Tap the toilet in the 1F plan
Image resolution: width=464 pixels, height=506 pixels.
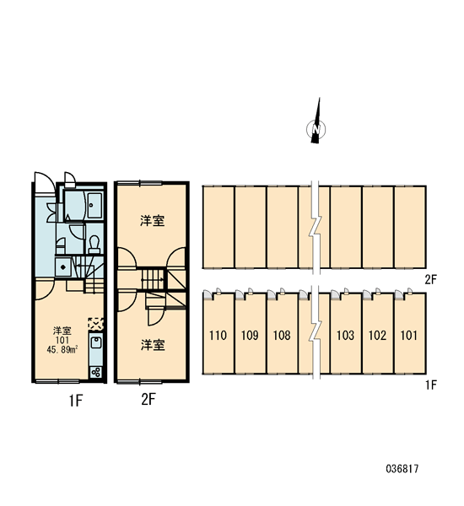click(x=94, y=245)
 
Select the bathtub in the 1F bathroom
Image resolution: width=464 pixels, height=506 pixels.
click(x=94, y=205)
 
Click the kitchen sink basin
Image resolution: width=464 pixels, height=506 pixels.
click(x=96, y=342)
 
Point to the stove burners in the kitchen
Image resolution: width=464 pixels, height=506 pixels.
click(x=96, y=373)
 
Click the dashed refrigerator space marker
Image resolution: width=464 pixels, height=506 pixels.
click(x=96, y=324)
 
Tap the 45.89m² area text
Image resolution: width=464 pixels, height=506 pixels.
click(x=62, y=349)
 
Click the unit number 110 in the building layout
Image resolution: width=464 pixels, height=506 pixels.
click(x=218, y=336)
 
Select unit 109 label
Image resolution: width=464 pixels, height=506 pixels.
click(x=250, y=336)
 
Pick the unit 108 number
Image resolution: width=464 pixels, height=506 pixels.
click(x=282, y=336)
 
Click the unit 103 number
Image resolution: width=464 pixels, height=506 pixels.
click(x=345, y=336)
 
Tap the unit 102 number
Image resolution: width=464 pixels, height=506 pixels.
click(x=377, y=336)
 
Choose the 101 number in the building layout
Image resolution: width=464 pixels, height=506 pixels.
click(x=409, y=336)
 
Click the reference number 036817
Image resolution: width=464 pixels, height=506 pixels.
click(x=402, y=469)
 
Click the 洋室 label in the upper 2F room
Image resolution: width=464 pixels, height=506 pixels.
click(x=153, y=221)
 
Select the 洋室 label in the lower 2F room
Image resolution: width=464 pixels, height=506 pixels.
click(x=153, y=345)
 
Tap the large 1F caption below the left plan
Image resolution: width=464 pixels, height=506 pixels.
click(x=76, y=401)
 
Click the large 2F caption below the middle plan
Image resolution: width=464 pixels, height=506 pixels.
click(x=148, y=400)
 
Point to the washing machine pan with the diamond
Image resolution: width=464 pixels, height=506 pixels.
click(x=63, y=267)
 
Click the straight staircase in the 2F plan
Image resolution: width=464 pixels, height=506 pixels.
click(x=153, y=279)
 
